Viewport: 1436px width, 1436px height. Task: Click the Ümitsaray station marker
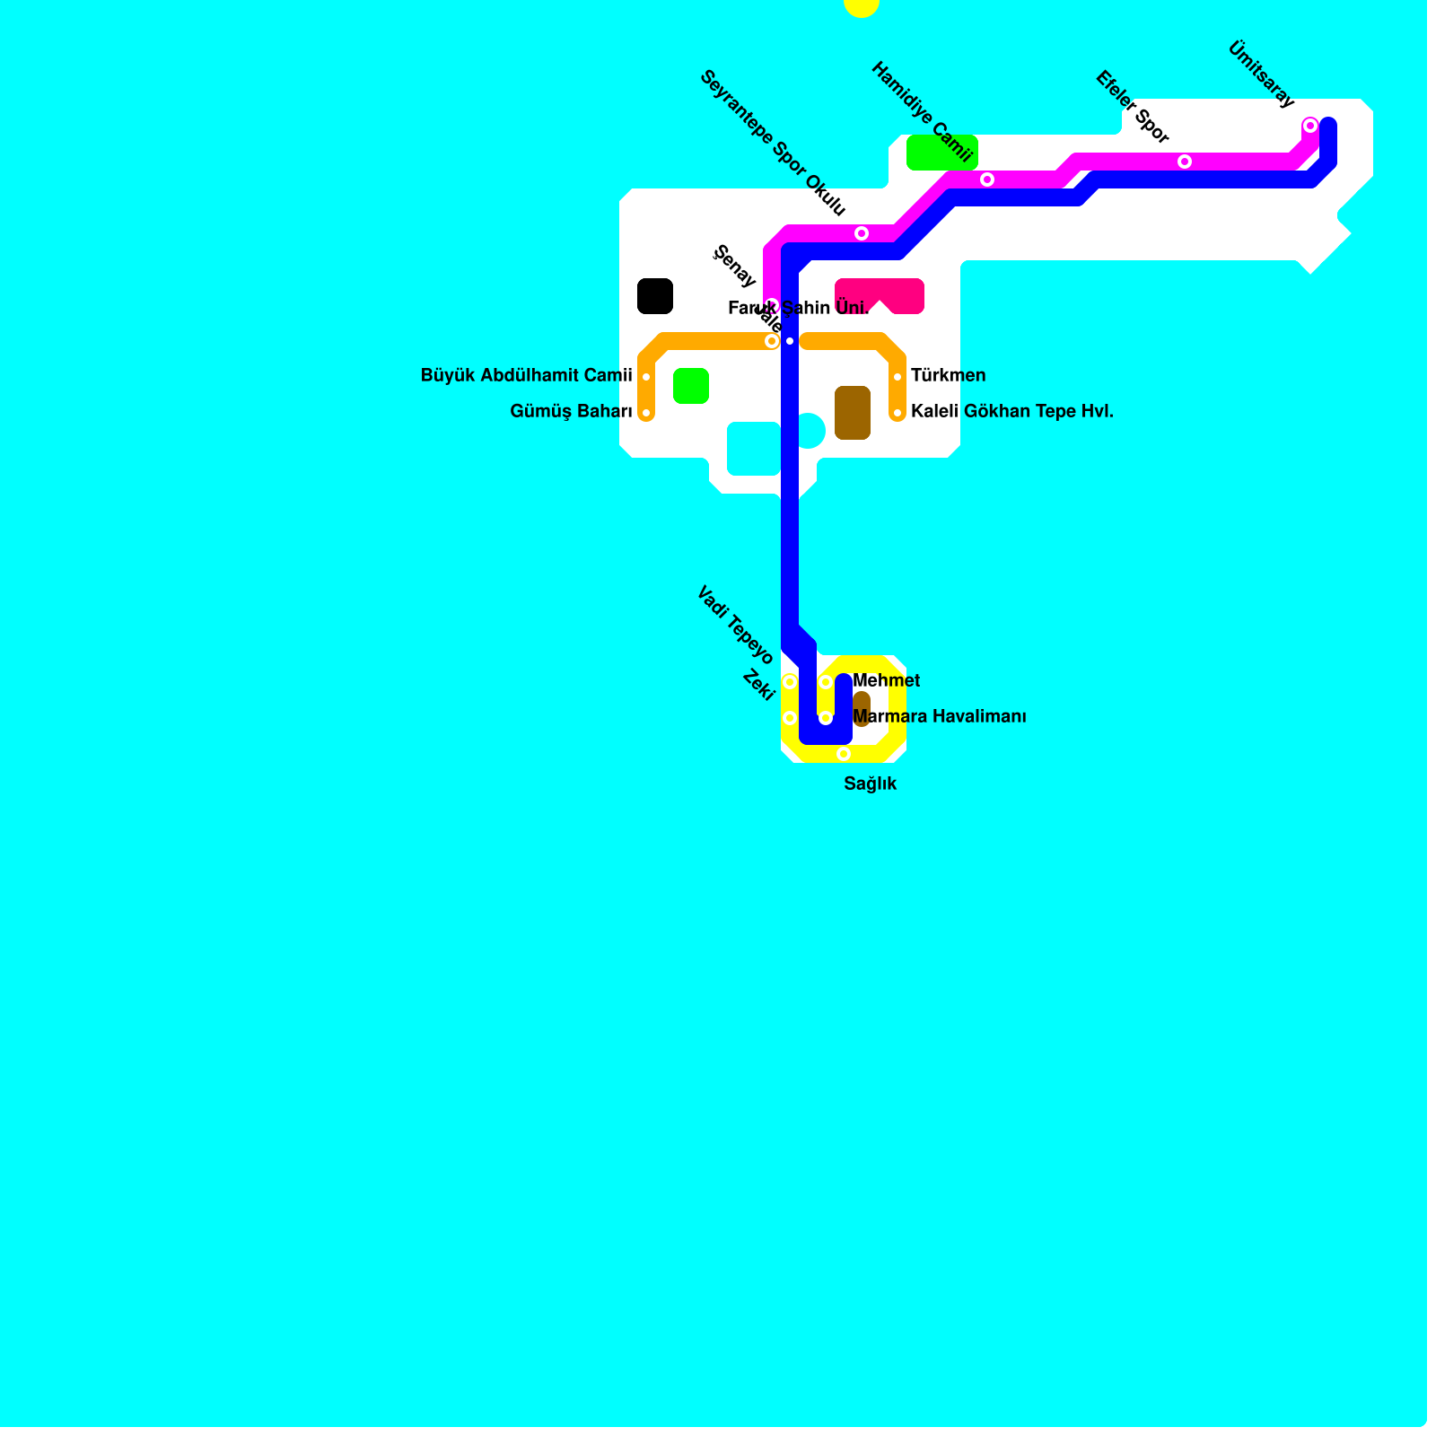[x=1310, y=126]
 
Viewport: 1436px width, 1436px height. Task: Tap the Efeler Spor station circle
[x=1185, y=162]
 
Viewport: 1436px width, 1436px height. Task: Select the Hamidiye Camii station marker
[x=987, y=179]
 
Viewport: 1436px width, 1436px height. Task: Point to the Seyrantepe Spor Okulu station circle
[x=862, y=233]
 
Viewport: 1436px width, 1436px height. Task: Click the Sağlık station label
[x=870, y=784]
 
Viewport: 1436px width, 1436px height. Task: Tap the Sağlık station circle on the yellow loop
[x=844, y=754]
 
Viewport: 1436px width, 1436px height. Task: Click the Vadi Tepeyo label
[x=735, y=625]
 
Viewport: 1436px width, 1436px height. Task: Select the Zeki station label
[x=758, y=686]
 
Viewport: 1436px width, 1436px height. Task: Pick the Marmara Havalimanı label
[x=939, y=717]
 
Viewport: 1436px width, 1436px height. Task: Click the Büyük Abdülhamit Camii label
[x=526, y=375]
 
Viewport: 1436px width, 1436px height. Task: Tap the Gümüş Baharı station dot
[x=646, y=413]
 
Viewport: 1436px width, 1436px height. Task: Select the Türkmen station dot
[x=897, y=377]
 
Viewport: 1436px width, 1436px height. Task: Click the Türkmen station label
[x=948, y=375]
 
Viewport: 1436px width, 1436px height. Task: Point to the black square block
[x=655, y=296]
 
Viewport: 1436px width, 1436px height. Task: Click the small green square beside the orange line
[x=691, y=386]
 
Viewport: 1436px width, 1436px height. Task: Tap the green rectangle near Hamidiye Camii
[x=941, y=153]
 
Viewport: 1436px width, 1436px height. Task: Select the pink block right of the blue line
[x=880, y=294]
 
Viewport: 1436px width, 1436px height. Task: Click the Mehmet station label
[x=887, y=681]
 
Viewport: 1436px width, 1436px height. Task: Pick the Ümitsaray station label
[x=1260, y=74]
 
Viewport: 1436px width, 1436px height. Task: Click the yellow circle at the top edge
[x=862, y=5]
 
